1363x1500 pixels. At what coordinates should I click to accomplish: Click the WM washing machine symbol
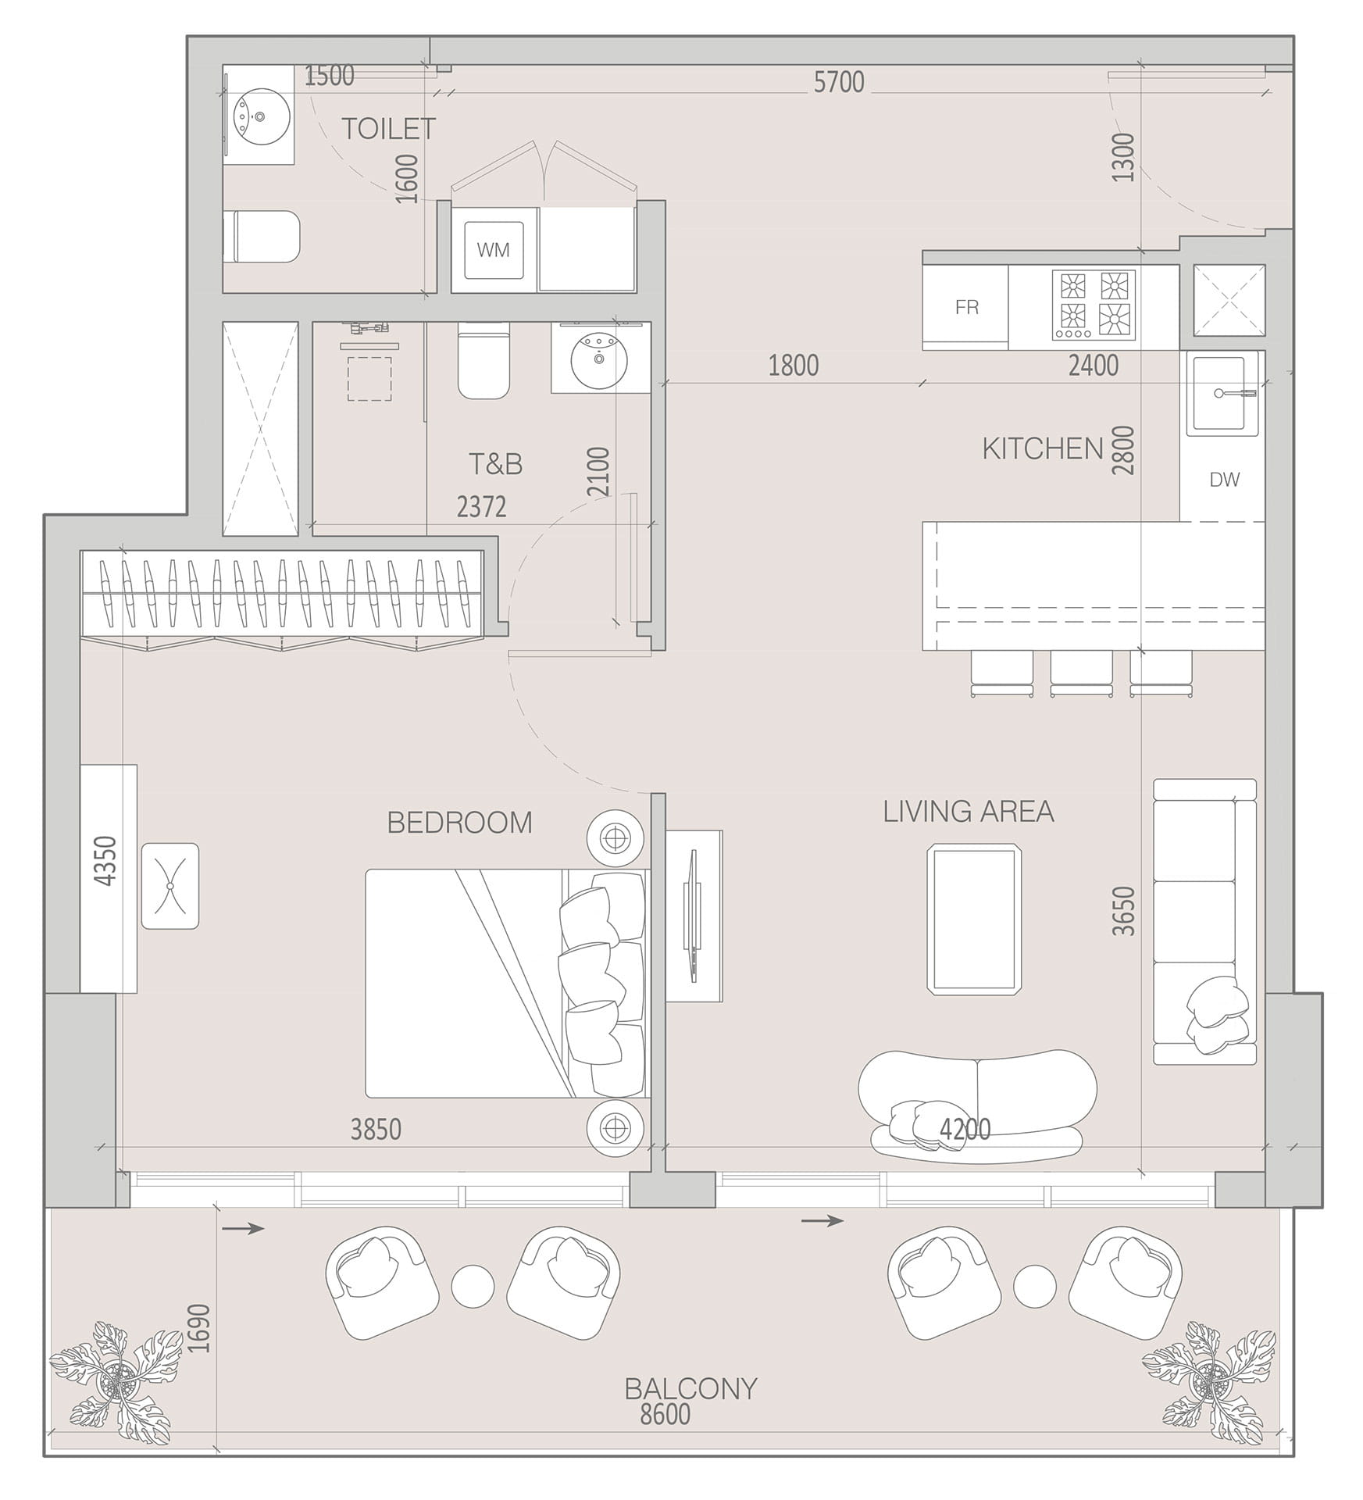tap(494, 250)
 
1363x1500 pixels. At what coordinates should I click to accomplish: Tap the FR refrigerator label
tap(967, 307)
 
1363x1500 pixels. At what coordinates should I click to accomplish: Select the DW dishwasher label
tap(1224, 480)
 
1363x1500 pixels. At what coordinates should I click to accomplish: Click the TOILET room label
tap(388, 129)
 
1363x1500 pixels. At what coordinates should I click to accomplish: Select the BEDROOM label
tap(460, 823)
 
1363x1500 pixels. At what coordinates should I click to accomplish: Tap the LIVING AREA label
tap(969, 812)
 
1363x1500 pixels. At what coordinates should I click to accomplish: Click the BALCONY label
tap(691, 1388)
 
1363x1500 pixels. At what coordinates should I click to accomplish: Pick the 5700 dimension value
tap(839, 82)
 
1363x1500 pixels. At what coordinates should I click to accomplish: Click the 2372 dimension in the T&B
tap(481, 507)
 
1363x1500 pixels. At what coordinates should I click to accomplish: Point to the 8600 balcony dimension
tap(665, 1414)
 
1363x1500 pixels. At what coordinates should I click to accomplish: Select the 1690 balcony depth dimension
tap(200, 1328)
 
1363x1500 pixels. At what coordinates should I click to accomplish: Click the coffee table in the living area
tap(974, 919)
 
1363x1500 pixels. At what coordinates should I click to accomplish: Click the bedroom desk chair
tap(169, 886)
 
